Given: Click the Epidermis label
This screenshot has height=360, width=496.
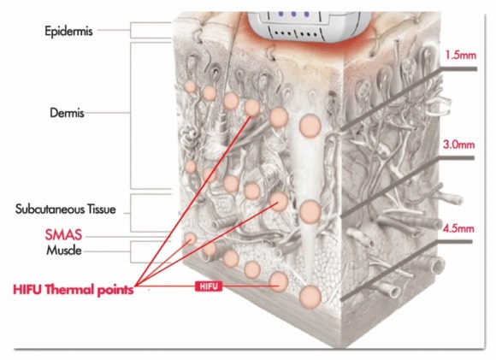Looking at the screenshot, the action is point(68,32).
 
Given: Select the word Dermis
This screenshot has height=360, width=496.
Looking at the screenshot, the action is point(67,113).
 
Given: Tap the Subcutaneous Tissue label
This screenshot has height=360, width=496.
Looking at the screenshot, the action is point(66,210).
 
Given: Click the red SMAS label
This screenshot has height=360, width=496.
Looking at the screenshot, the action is point(63,235).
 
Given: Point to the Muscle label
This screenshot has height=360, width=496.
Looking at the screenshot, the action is point(64,251).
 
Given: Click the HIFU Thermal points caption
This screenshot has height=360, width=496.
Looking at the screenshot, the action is point(73,290).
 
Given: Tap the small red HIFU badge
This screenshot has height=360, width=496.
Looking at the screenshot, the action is point(209,286).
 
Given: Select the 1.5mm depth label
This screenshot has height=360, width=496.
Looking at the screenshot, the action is point(460,56).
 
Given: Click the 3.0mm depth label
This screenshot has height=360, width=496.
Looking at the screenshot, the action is point(458,145).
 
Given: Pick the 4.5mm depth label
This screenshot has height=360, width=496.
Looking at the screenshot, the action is point(458,228).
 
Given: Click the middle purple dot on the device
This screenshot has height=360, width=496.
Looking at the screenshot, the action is point(293,15).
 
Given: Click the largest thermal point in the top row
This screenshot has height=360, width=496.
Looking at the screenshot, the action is point(310,126).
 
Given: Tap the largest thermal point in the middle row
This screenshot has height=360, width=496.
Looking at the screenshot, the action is point(310,211).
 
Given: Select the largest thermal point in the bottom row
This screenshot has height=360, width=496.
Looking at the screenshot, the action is point(310,297).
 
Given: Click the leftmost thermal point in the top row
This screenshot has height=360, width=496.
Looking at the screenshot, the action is point(191,86).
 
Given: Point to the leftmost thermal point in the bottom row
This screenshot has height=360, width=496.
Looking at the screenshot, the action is point(190,239).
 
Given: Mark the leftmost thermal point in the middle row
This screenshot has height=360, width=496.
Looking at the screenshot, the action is point(190,167).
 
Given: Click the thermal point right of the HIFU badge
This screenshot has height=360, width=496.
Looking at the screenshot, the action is point(279,281).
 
